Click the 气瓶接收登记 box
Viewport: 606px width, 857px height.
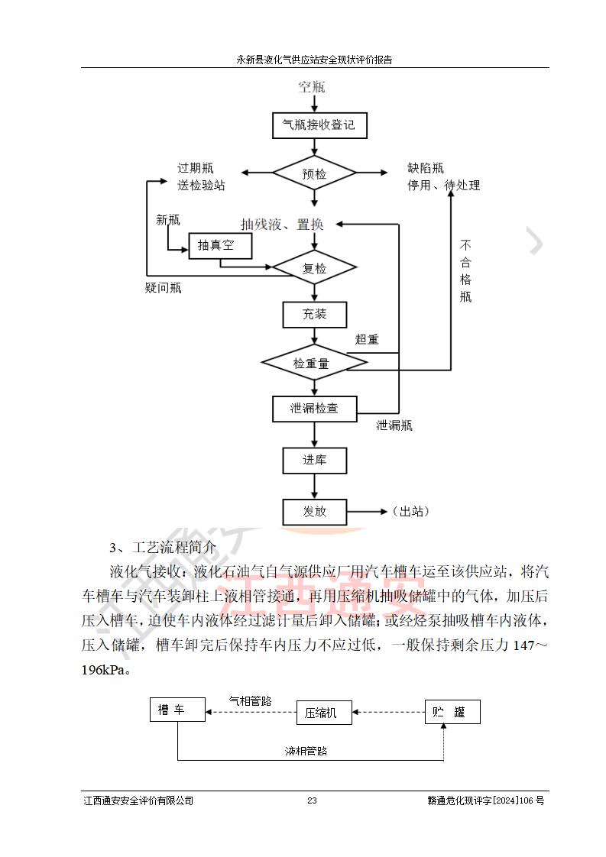319,125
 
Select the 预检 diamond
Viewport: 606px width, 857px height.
315,174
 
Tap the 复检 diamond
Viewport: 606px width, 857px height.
315,268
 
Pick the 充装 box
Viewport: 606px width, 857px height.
315,314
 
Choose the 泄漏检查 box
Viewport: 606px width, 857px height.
315,409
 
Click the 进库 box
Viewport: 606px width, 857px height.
315,461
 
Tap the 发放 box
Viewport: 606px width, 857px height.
315,511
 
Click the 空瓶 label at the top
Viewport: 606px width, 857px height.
312,87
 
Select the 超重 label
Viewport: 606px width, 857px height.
367,339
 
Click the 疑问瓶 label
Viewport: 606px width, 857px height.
163,288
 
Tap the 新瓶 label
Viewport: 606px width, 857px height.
168,221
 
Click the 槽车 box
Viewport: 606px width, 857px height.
177,710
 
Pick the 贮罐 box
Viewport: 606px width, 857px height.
453,712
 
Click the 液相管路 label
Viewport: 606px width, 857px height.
301,751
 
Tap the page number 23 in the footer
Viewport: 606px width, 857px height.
312,800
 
